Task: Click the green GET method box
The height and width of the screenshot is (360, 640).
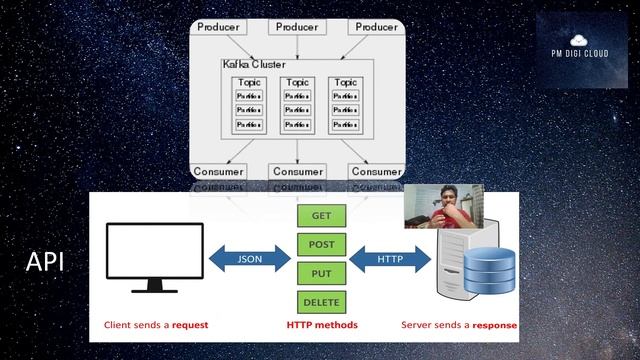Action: (321, 216)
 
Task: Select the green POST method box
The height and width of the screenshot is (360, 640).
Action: (321, 244)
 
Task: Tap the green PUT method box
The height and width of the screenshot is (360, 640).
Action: (321, 273)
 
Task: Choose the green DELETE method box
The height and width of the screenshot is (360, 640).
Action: (321, 302)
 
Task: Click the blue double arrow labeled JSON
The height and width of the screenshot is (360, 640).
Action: (249, 258)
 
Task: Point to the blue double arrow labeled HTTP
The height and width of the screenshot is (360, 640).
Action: (390, 258)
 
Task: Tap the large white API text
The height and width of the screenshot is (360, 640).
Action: (45, 263)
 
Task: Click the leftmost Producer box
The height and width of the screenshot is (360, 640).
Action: (219, 27)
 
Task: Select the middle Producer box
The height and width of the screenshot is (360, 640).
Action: (297, 27)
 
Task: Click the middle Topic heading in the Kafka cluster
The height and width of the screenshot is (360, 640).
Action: (297, 83)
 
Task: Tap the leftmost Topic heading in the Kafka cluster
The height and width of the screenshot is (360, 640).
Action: (248, 83)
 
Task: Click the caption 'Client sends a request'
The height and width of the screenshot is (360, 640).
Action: (155, 325)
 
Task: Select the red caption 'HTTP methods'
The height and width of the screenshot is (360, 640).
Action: (321, 325)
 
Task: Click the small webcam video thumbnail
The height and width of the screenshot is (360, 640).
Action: (443, 206)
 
